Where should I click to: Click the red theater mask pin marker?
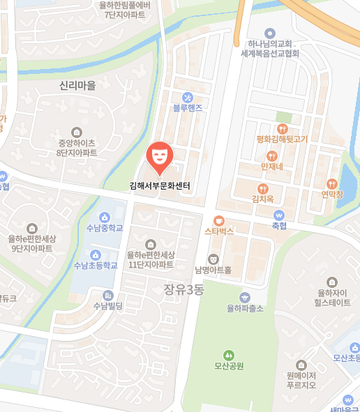(160, 155)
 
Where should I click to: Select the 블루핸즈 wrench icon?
(187, 96)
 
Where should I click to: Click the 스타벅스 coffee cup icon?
(218, 219)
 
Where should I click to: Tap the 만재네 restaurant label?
(271, 167)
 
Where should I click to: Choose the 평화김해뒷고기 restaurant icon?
(282, 128)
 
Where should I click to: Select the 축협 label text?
(280, 226)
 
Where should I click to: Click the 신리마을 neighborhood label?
(77, 85)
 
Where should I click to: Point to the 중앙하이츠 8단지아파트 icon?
(77, 132)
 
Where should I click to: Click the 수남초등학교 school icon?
(96, 254)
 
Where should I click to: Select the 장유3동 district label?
(183, 289)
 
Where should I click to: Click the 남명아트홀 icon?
(213, 259)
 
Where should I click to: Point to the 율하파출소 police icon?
(244, 296)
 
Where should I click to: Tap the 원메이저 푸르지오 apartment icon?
(301, 364)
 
